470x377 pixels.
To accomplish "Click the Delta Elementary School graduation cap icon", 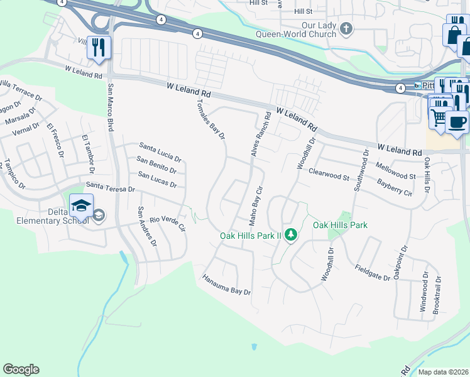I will [82, 205].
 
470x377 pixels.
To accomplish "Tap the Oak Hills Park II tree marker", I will [290, 235].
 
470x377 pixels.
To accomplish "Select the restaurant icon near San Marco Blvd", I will [99, 48].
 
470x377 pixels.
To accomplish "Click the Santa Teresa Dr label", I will [111, 187].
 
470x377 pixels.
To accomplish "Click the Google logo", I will [21, 369].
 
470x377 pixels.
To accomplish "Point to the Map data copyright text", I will [443, 372].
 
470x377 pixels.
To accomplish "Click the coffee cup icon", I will [457, 121].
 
